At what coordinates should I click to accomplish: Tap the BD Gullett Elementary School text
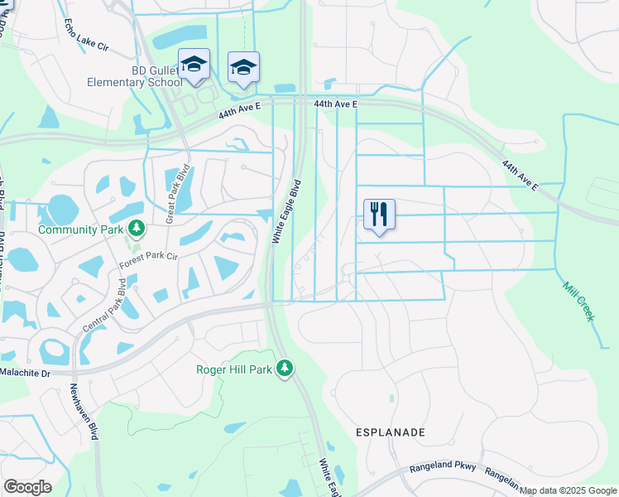pyautogui.click(x=136, y=76)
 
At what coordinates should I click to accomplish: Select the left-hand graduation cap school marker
pyautogui.click(x=194, y=65)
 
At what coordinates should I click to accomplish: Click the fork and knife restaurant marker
pyautogui.click(x=379, y=215)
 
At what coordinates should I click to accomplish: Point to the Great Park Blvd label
pyautogui.click(x=178, y=194)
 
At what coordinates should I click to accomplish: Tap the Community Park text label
pyautogui.click(x=79, y=229)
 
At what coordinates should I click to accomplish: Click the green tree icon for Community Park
pyautogui.click(x=136, y=228)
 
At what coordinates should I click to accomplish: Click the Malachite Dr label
pyautogui.click(x=25, y=374)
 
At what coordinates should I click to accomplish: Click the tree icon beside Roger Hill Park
pyautogui.click(x=285, y=367)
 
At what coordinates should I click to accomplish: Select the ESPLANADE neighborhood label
pyautogui.click(x=390, y=432)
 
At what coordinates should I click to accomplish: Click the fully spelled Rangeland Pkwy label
pyautogui.click(x=443, y=468)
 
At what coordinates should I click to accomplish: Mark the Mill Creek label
pyautogui.click(x=578, y=301)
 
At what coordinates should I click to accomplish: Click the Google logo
pyautogui.click(x=27, y=487)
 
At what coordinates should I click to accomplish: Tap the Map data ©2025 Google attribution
pyautogui.click(x=568, y=490)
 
